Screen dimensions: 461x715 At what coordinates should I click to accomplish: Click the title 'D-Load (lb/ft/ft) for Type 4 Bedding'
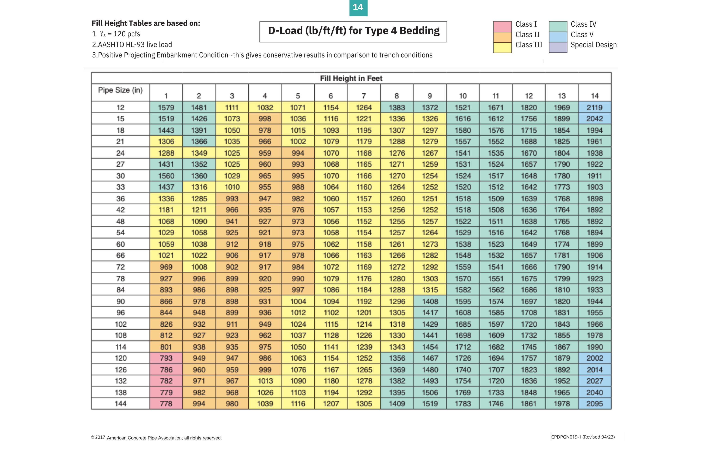[x=353, y=31]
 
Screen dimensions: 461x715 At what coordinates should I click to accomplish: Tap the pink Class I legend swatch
[x=502, y=26]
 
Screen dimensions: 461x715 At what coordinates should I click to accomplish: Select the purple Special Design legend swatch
[x=558, y=47]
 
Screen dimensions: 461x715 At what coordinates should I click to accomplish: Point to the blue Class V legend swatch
[x=558, y=37]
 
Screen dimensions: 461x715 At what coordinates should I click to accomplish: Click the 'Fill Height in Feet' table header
[x=351, y=79]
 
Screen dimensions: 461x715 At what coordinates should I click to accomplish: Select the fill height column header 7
[x=364, y=96]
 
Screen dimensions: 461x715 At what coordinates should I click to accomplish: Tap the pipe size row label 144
[x=121, y=404]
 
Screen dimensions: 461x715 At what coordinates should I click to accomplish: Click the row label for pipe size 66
[x=121, y=255]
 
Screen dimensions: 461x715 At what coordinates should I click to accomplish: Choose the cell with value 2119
[x=594, y=107]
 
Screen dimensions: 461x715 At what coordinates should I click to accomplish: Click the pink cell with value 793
[x=166, y=358]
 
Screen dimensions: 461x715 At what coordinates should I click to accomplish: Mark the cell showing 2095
[x=594, y=404]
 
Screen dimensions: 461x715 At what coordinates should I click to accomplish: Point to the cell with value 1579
[x=166, y=107]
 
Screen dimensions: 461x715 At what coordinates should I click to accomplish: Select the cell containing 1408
[x=430, y=301]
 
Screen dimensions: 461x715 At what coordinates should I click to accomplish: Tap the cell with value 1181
[x=166, y=210]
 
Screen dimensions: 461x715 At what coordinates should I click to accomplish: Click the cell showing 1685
[x=463, y=324]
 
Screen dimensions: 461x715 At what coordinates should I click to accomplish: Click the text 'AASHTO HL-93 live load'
[x=135, y=45]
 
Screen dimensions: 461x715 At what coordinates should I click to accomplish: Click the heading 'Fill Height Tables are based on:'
[x=146, y=23]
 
